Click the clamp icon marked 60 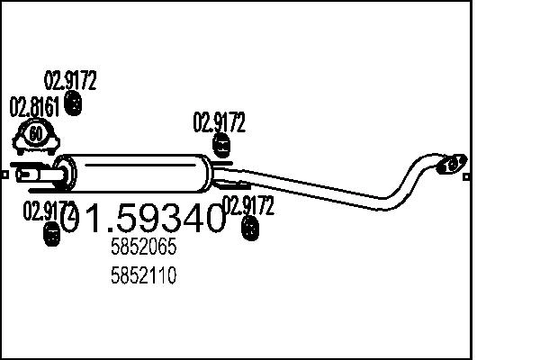pos(35,138)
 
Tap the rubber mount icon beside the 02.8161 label pos(75,106)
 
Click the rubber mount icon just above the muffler pos(220,144)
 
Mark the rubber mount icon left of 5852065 pos(50,236)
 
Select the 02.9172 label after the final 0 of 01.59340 pos(248,206)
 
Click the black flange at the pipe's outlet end pos(451,164)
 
